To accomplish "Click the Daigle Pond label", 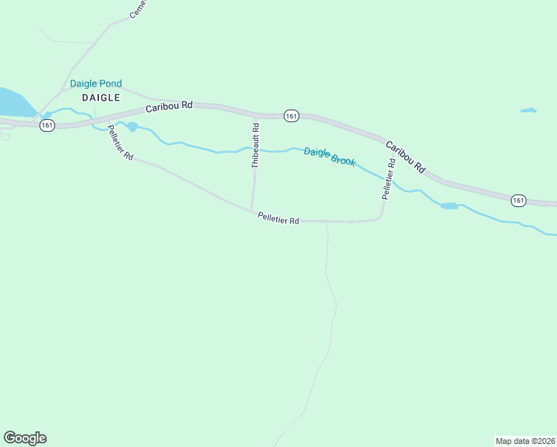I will coord(95,84).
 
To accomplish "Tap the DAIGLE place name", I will coord(101,98).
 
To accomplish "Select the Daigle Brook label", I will coord(329,156).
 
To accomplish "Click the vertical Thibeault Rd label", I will coord(255,146).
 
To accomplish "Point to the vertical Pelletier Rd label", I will coord(388,179).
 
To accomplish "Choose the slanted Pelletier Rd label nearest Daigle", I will coord(119,142).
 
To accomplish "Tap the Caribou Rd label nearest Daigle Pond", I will coord(169,107).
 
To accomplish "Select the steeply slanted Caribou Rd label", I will coord(405,156).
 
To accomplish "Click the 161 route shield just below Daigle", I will coord(48,125).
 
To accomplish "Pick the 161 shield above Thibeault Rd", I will coord(291,115).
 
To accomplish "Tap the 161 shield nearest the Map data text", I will coord(518,200).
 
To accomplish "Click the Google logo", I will coord(25,438).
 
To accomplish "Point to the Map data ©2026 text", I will coord(525,440).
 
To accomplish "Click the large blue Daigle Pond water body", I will coord(13,102).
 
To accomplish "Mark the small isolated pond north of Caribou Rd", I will coord(528,110).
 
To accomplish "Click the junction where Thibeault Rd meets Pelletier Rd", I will coord(251,211).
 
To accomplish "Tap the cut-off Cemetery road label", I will coord(138,9).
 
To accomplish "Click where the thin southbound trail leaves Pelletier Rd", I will coord(327,221).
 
